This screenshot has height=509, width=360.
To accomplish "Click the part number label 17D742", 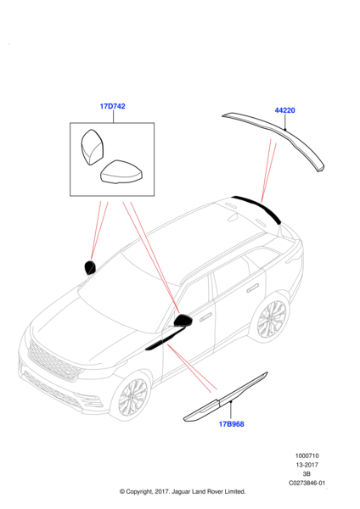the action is coord(112,106).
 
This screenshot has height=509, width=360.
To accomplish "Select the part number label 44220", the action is coord(285,110).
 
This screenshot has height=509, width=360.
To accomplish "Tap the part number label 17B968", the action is coord(231,424).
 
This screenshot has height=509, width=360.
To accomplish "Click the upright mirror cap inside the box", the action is coord(92,147).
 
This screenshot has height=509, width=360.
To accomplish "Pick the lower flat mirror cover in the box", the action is coord(121,172).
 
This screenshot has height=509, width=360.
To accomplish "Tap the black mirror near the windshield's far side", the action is coord(90,267).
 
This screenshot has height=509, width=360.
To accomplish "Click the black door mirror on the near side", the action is coord(183,321).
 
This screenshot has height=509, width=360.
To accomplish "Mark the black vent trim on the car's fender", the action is coord(164,339).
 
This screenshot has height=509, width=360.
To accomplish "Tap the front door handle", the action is coord(205,317).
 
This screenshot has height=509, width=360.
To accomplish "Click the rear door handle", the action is coord(252,288).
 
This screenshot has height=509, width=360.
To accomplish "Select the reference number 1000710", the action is coord(307,456).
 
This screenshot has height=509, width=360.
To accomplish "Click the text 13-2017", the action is coord(307,465).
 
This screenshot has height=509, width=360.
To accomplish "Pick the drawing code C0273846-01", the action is coord(307,483).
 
